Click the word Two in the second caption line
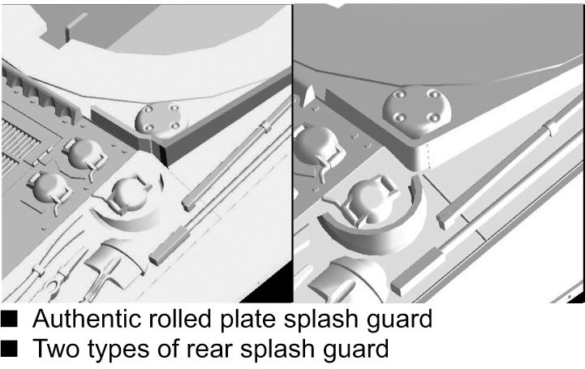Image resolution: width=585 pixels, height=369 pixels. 56,349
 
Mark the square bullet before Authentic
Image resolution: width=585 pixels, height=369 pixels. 9,319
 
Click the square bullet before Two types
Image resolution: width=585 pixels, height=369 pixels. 9,349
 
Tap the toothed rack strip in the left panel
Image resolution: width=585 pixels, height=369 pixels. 41,92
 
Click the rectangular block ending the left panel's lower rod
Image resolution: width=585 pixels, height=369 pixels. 170,246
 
